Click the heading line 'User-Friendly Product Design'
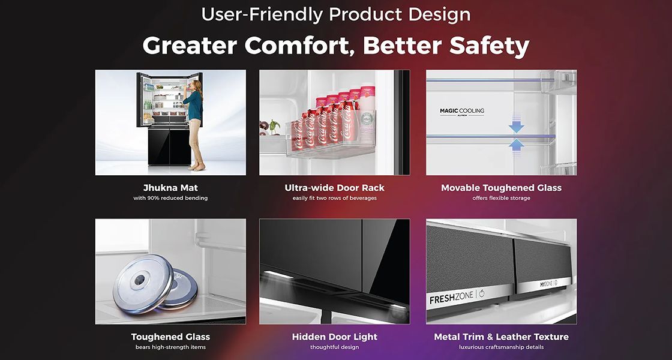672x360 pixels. point(335,14)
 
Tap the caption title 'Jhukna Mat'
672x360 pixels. point(170,188)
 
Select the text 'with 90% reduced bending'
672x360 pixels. point(170,198)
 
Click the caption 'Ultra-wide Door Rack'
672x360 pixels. point(334,188)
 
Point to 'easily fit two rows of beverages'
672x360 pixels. point(334,198)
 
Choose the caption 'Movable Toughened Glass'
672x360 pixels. point(501,188)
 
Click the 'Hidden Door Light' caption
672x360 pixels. point(334,337)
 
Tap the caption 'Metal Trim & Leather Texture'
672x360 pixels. point(501,337)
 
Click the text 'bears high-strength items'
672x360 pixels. point(170,347)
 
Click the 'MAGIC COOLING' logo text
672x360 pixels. point(462,111)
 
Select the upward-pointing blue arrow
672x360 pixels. point(516,144)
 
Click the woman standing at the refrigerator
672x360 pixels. point(194,125)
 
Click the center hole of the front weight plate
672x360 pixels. point(139,280)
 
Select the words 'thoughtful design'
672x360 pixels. point(334,347)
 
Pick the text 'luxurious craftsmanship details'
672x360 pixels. point(501,347)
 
